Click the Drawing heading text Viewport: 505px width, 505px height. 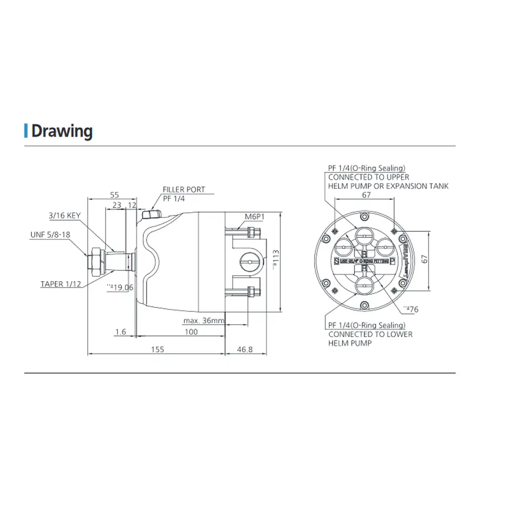(x=62, y=131)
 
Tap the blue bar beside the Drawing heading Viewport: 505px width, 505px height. (x=26, y=131)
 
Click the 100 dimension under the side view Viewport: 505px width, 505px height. (x=191, y=332)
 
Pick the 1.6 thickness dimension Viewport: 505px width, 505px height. (x=120, y=332)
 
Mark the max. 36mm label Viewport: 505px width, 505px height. (x=204, y=321)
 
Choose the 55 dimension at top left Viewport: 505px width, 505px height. (x=114, y=194)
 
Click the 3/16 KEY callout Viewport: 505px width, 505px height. (x=65, y=216)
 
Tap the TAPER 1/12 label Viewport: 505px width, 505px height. (x=61, y=284)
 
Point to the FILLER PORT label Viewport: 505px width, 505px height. (x=184, y=189)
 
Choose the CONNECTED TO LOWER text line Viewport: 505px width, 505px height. (x=370, y=334)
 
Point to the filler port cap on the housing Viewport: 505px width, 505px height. (x=150, y=215)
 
